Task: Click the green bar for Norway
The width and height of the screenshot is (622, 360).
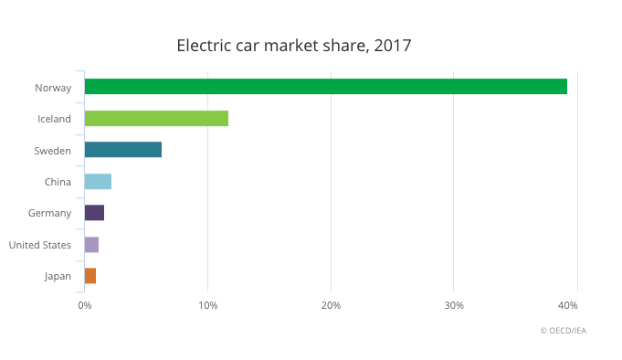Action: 325,87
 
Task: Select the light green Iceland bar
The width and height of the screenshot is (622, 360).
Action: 156,118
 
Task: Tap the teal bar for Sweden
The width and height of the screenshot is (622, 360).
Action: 122,150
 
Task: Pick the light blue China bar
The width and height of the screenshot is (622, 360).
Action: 98,182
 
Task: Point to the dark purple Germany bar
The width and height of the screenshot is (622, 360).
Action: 94,213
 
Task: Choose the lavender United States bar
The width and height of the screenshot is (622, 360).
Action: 91,245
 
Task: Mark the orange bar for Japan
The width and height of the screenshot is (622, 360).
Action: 90,276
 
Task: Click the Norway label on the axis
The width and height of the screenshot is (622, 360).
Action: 53,88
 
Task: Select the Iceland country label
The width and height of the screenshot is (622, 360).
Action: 54,119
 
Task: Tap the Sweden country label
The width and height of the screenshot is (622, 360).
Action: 52,151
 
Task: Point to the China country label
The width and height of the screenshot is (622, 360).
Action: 58,182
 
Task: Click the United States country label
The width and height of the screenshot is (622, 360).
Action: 39,245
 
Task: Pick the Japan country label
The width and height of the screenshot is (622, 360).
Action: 58,277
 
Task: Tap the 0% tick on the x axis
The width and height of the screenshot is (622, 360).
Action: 84,305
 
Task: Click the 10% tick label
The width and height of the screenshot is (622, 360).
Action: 207,305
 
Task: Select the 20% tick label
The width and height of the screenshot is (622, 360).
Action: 331,305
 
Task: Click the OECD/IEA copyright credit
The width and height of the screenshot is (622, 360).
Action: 563,331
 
